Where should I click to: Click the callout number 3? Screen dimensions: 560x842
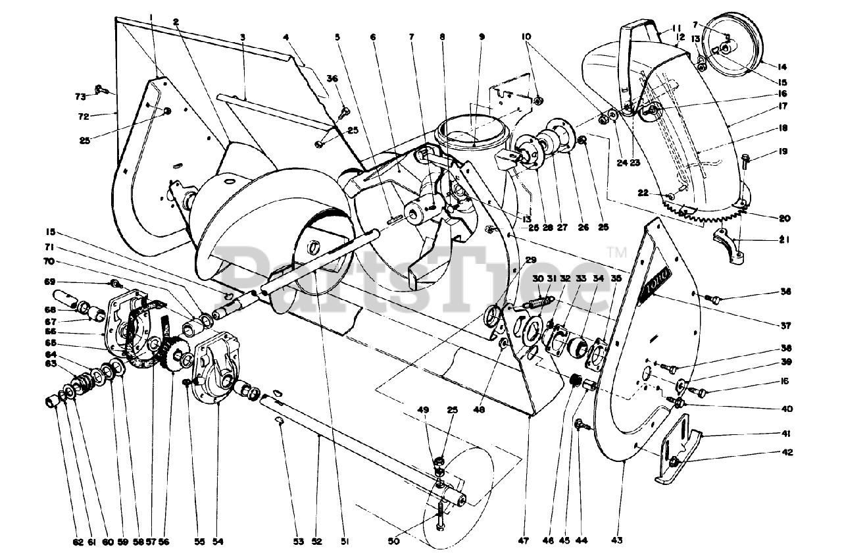(x=243, y=38)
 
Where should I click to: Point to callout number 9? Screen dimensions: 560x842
(x=482, y=38)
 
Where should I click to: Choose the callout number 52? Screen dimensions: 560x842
(x=316, y=542)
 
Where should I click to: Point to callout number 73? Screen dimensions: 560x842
(x=80, y=97)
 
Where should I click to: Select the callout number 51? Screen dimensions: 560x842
(x=345, y=542)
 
